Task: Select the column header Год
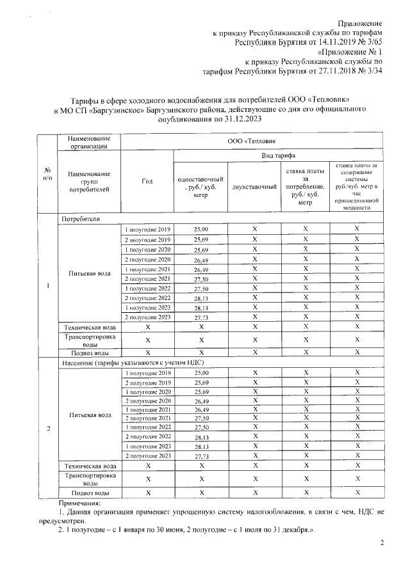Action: [147, 181]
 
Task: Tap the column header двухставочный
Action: [254, 186]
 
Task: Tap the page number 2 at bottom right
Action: [382, 543]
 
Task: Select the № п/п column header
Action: [47, 173]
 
